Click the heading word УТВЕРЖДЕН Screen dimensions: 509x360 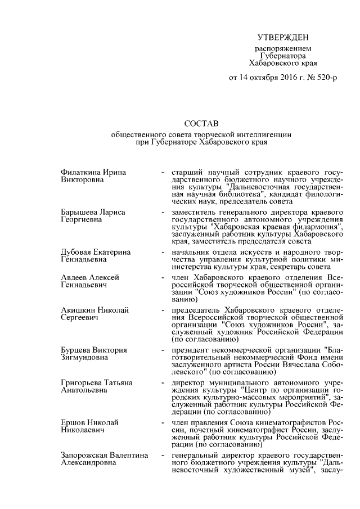[x=283, y=38]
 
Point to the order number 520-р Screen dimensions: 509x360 [x=325, y=77]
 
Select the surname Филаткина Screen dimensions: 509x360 [x=80, y=172]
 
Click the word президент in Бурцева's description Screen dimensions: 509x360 [x=191, y=350]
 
